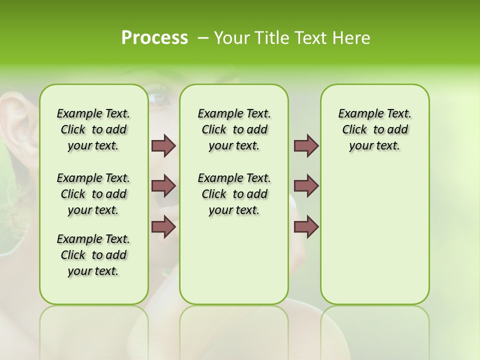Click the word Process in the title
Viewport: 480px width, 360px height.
click(154, 37)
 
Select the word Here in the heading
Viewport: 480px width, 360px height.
click(351, 37)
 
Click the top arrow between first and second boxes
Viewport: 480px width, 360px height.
click(163, 145)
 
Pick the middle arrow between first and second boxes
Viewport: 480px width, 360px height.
click(163, 186)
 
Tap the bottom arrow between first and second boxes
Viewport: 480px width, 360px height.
click(163, 226)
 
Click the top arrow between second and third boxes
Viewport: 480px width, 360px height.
click(306, 145)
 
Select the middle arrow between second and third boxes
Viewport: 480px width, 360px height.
click(306, 186)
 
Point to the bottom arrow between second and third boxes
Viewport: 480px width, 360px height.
click(306, 226)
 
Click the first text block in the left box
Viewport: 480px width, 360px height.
click(93, 129)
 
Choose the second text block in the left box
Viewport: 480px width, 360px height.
click(93, 194)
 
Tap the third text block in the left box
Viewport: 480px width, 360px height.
click(93, 255)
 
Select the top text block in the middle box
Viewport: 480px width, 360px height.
click(234, 129)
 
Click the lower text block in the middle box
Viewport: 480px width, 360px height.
click(234, 194)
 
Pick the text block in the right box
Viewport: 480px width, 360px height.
click(374, 129)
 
